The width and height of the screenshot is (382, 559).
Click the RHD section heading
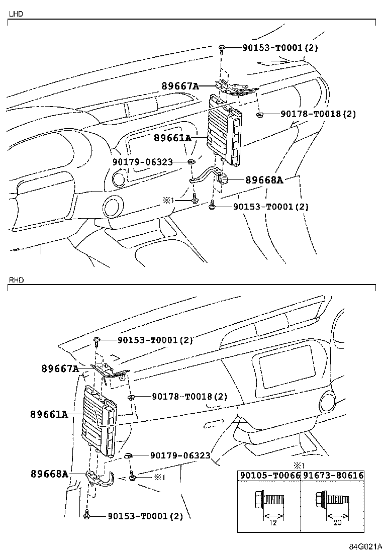[16, 279]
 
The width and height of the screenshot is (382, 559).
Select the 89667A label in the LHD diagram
[180, 86]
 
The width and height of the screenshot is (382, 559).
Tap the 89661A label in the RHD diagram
[49, 414]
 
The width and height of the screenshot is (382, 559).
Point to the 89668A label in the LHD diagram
[264, 180]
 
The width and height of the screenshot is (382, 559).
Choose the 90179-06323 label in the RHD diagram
[180, 455]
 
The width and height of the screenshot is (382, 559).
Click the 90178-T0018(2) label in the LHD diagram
[318, 114]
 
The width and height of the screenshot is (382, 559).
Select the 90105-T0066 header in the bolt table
[269, 476]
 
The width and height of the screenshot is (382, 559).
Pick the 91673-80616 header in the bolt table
[332, 476]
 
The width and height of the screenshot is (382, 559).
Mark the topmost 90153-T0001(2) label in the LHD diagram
[280, 48]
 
